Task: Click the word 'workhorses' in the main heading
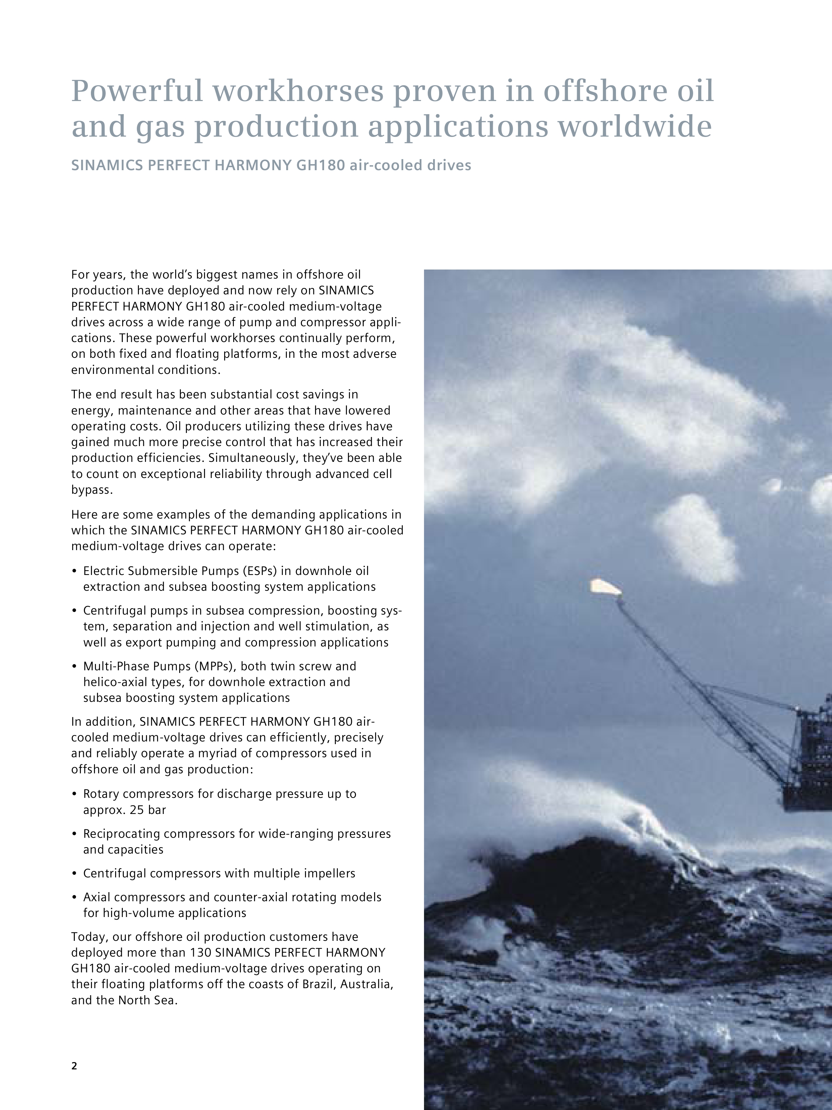point(298,91)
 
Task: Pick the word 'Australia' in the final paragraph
point(366,984)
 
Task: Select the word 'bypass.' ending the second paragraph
point(92,490)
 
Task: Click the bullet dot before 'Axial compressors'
point(74,897)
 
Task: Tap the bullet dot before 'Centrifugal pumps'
point(74,611)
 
